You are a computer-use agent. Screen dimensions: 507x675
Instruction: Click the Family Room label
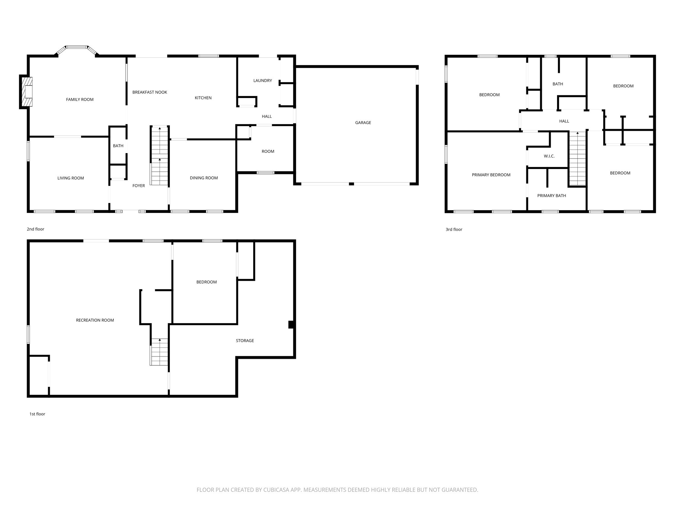coord(80,99)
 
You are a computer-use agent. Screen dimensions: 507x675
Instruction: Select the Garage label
coord(363,122)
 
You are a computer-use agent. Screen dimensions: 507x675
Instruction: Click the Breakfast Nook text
coord(150,92)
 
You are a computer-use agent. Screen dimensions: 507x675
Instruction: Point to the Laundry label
coord(262,81)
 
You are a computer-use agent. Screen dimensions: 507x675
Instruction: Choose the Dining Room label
coord(204,178)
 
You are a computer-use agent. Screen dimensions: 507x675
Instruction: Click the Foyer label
coord(138,186)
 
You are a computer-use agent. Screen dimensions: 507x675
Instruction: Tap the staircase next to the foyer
coord(160,156)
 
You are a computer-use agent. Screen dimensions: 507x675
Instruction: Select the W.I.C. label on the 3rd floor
coord(549,156)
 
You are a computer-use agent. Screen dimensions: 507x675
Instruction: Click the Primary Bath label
coord(551,196)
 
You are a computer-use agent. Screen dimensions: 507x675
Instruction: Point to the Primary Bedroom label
coord(491,175)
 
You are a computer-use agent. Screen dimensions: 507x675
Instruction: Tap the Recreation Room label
coord(95,320)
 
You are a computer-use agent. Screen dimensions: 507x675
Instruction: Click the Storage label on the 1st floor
coord(245,341)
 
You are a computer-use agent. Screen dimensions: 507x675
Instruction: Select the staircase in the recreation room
coord(160,352)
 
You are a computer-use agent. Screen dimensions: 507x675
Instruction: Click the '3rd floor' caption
coord(454,229)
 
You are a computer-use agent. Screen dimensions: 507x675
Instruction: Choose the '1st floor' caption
coord(37,414)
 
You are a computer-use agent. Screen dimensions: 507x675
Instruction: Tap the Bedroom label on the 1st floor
coord(206,282)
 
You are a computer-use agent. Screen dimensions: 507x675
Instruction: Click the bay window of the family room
coord(77,48)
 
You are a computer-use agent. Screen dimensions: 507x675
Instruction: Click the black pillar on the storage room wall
coord(291,324)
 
